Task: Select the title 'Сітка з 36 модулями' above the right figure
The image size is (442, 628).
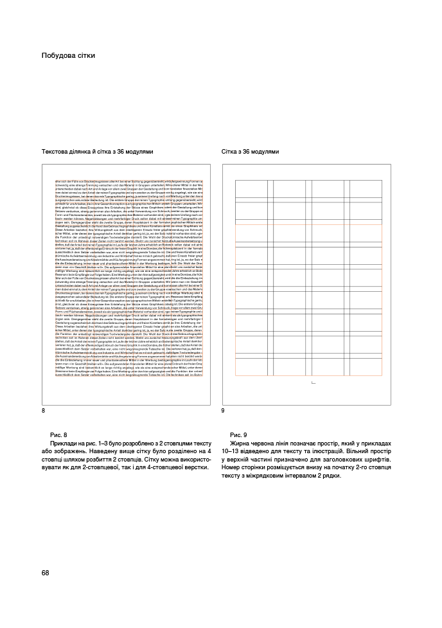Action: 251,152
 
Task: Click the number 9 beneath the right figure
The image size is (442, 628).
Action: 223,410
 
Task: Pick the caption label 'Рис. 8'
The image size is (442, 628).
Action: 58,435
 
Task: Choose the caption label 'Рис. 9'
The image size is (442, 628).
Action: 239,435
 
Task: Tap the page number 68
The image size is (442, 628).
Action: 46,573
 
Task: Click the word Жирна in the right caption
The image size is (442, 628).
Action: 240,444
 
